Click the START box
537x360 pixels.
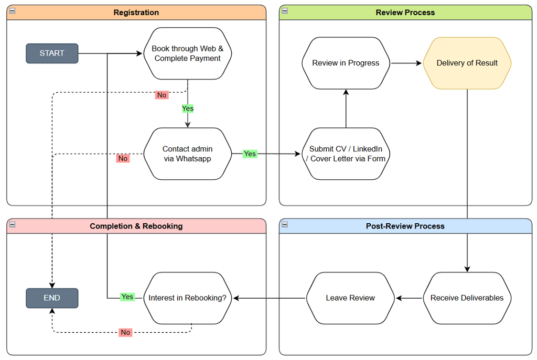(x=52, y=53)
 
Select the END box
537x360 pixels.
(x=52, y=298)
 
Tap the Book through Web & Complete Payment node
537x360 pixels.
(x=188, y=53)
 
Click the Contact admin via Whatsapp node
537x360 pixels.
(x=188, y=154)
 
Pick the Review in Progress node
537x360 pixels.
(x=346, y=63)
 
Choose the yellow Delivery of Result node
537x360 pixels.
(x=467, y=63)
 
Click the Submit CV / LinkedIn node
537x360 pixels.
(x=346, y=154)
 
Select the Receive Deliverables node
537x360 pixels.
(x=467, y=298)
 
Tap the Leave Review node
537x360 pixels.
(x=350, y=298)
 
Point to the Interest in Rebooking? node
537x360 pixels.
(x=188, y=298)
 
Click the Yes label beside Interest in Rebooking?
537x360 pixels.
(x=127, y=297)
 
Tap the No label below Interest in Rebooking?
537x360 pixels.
(x=125, y=332)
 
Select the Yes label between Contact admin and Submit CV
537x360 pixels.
(x=250, y=154)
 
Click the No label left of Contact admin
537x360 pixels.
(x=123, y=158)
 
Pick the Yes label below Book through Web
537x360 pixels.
(x=188, y=108)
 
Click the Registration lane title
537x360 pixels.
(x=136, y=13)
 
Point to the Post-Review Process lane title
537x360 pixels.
(x=405, y=226)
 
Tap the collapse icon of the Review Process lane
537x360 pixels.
(x=285, y=11)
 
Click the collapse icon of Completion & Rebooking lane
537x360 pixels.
(x=13, y=224)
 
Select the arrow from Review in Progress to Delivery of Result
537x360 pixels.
(x=406, y=63)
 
